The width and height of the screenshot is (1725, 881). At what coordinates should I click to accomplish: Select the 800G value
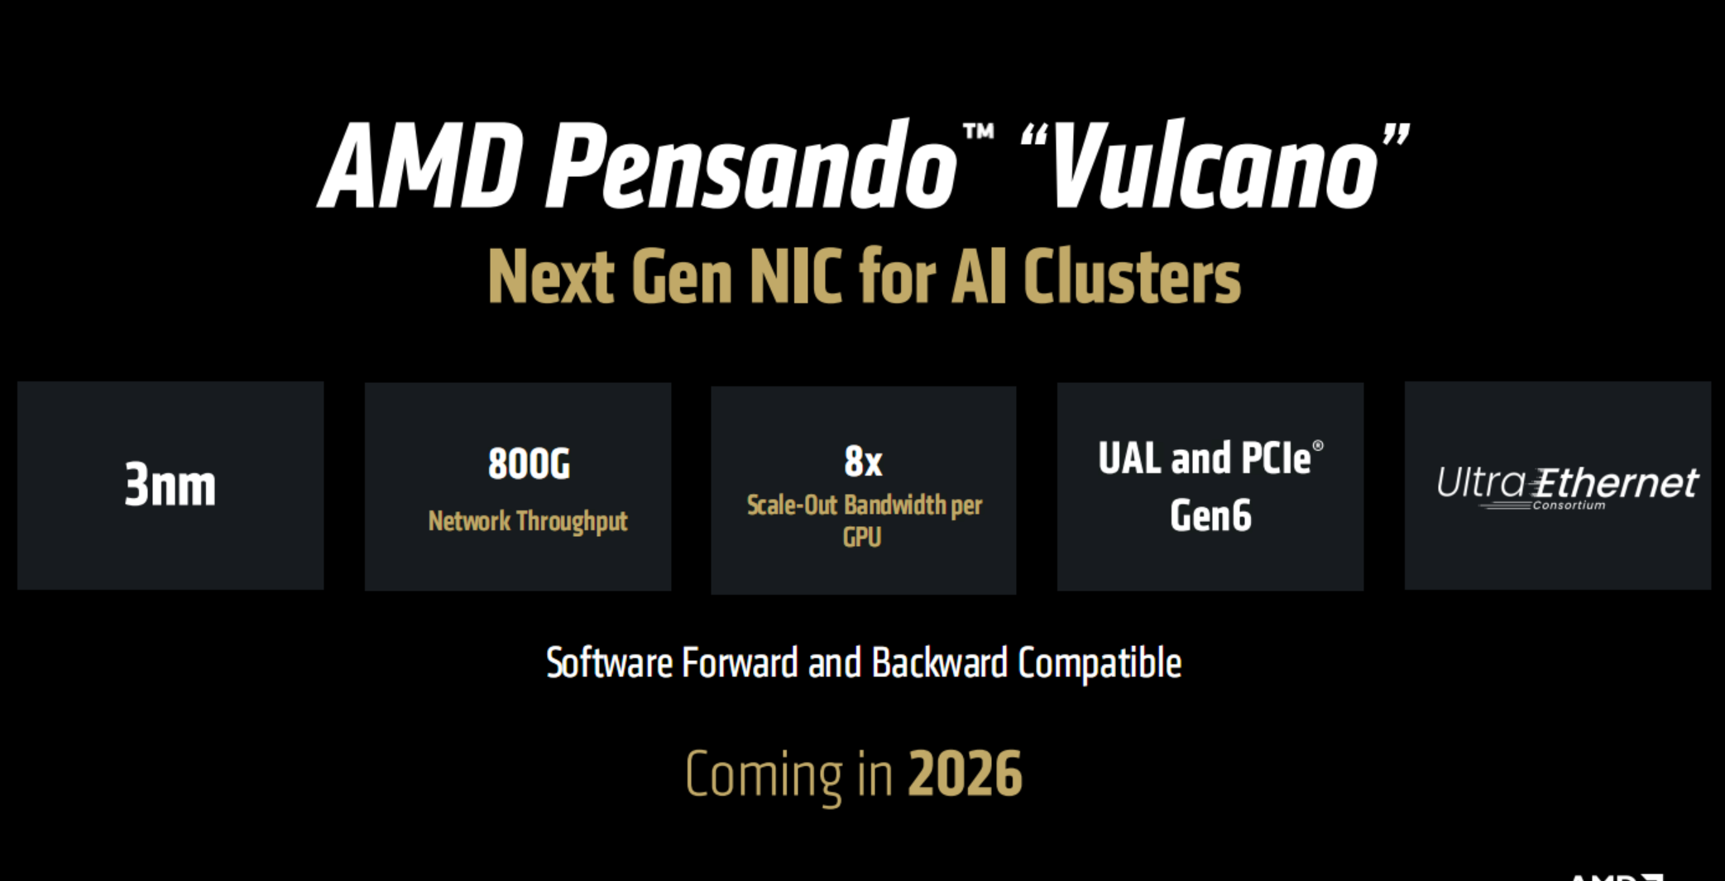tap(529, 463)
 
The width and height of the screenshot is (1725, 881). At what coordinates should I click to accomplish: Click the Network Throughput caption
tap(528, 521)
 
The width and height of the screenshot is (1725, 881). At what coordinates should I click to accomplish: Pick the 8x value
tap(863, 461)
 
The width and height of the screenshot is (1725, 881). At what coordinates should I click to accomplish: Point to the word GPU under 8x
tap(862, 538)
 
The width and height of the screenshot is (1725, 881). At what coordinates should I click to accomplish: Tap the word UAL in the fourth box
tap(1124, 458)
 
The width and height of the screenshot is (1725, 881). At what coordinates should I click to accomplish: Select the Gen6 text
tap(1210, 515)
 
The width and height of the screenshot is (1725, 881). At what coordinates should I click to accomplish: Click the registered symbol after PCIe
tap(1318, 446)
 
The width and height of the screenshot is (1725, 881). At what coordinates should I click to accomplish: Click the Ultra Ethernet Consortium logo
tap(1567, 486)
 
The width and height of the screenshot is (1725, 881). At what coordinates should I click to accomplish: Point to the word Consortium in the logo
tap(1569, 505)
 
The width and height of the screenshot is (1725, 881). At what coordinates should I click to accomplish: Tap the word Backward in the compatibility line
tap(940, 663)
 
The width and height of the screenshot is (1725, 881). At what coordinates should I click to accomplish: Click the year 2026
tap(966, 774)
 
